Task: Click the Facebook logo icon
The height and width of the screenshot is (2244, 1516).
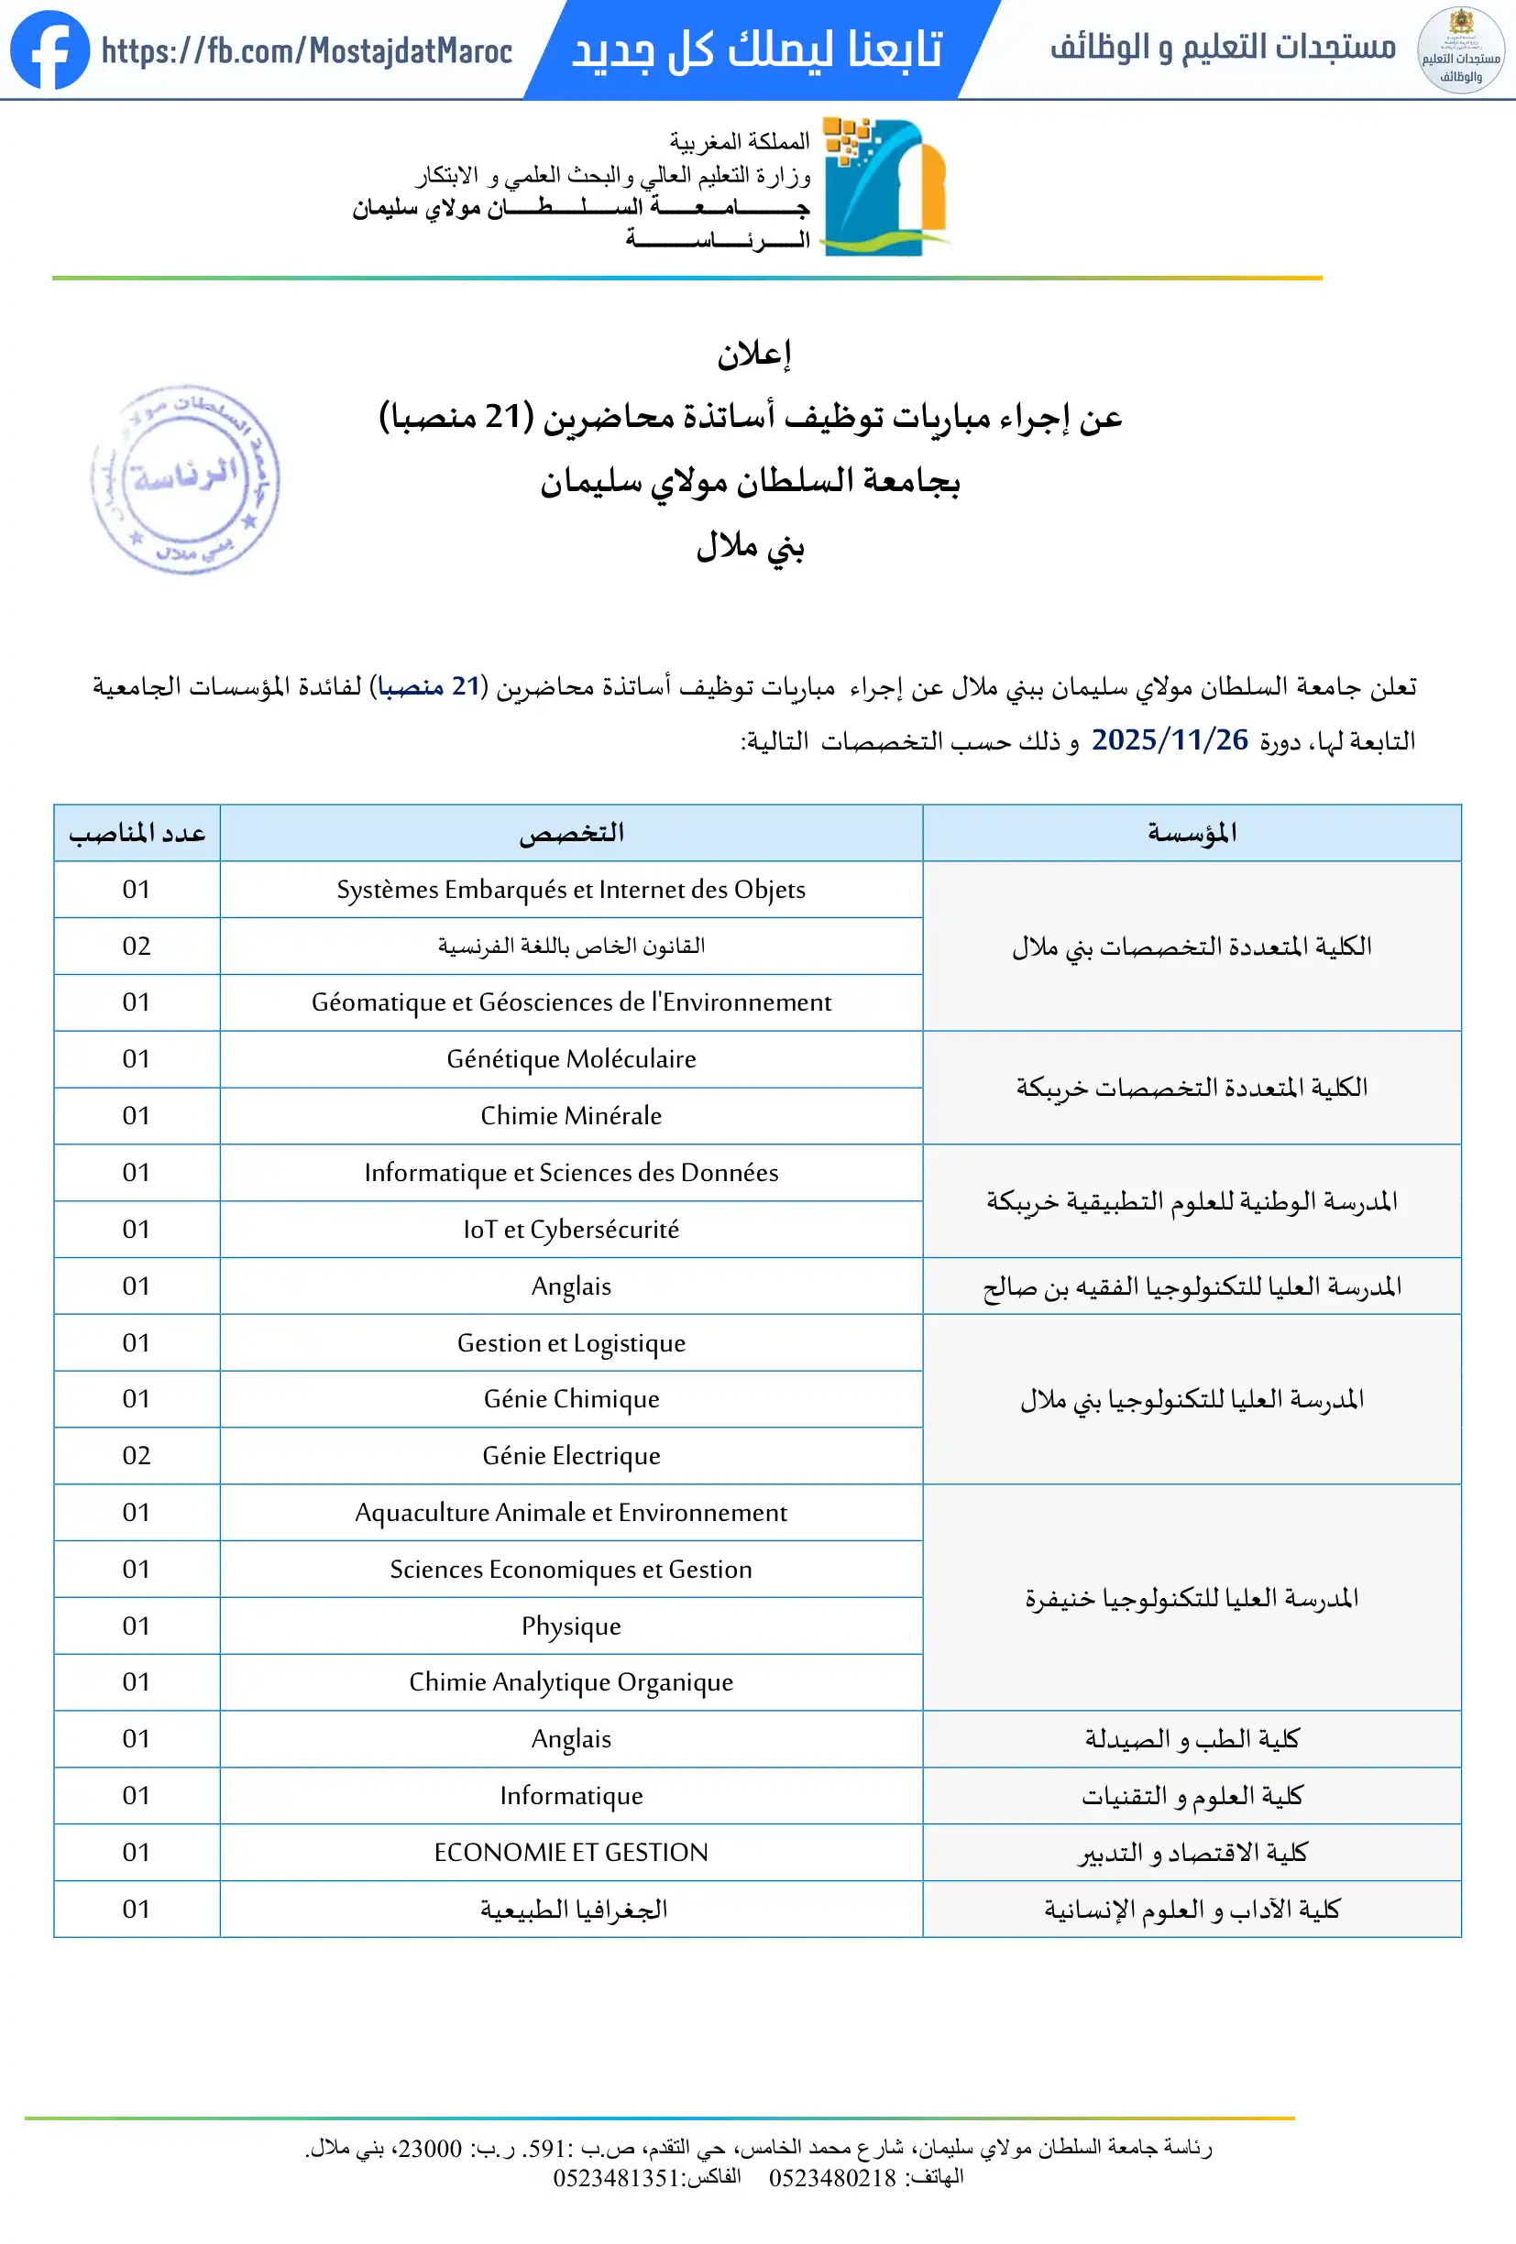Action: (x=49, y=49)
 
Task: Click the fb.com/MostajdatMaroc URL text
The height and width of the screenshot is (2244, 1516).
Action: (x=306, y=50)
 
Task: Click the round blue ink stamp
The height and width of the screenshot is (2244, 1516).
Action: (x=184, y=480)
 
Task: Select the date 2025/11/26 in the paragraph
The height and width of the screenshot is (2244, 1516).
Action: (x=1170, y=740)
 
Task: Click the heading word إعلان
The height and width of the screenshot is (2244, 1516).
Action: (x=754, y=355)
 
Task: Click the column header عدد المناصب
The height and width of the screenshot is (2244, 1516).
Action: (x=137, y=833)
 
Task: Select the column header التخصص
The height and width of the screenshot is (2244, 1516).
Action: (x=571, y=833)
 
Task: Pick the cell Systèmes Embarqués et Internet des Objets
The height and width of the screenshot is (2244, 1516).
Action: (x=571, y=890)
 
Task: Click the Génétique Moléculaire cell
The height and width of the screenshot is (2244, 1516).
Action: (x=571, y=1059)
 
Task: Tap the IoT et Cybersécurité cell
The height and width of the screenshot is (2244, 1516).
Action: (x=571, y=1229)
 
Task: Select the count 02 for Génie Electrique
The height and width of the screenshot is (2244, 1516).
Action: (x=137, y=1456)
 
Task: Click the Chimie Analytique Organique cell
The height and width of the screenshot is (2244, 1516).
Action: (x=571, y=1683)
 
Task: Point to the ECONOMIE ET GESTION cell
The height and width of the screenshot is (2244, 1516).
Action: (x=571, y=1853)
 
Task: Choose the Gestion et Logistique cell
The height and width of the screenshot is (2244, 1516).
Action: (x=571, y=1343)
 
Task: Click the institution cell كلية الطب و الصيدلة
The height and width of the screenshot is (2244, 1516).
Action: (x=1192, y=1740)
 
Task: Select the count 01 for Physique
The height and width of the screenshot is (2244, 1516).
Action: (x=137, y=1626)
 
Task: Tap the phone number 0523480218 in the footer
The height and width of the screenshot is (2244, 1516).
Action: (x=832, y=2178)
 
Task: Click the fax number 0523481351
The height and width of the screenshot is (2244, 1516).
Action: (x=616, y=2178)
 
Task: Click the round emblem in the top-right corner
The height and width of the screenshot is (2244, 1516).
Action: (x=1460, y=50)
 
